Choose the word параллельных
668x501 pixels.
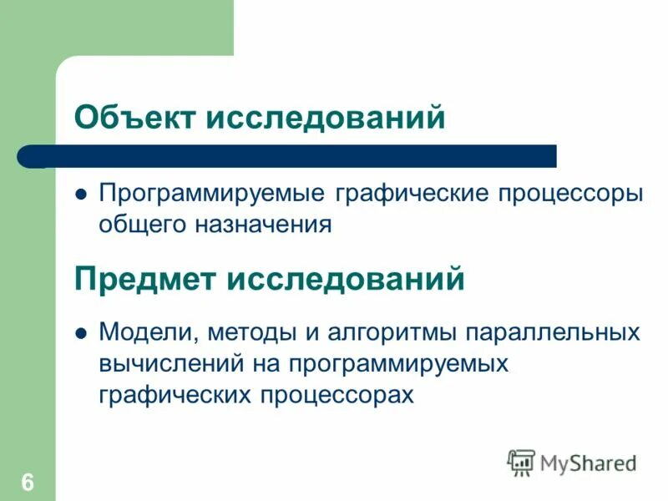pyautogui.click(x=551, y=332)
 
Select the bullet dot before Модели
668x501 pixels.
pyautogui.click(x=82, y=332)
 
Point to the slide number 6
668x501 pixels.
pyautogui.click(x=28, y=482)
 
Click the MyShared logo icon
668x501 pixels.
pyautogui.click(x=522, y=462)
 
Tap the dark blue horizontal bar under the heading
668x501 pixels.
pyautogui.click(x=288, y=156)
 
